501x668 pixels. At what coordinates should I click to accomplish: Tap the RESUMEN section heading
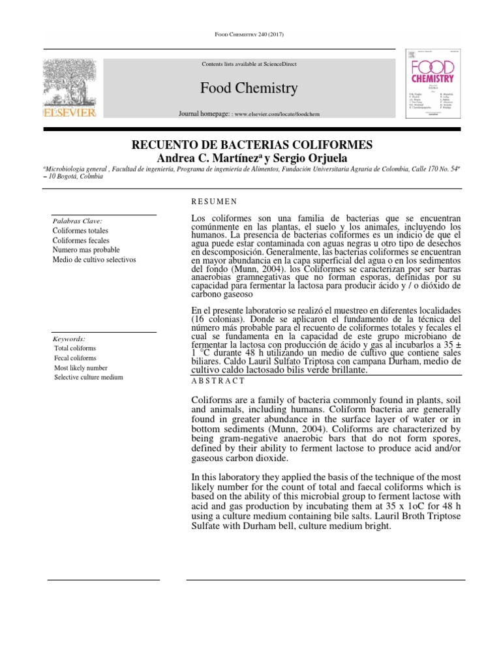tap(214, 202)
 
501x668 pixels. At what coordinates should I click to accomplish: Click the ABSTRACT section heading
tap(218, 380)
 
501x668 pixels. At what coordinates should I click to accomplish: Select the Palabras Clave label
tap(77, 221)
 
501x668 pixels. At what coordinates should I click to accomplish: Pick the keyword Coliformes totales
tap(80, 231)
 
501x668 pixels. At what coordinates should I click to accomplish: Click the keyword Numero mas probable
tap(85, 250)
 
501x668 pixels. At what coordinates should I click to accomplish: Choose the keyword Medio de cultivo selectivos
tap(94, 260)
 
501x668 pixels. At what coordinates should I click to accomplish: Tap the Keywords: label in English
tap(69, 339)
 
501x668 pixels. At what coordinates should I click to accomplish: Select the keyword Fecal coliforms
tap(75, 358)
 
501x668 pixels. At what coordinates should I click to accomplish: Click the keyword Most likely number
tap(81, 368)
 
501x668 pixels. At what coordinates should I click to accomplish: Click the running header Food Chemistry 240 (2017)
tap(250, 34)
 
